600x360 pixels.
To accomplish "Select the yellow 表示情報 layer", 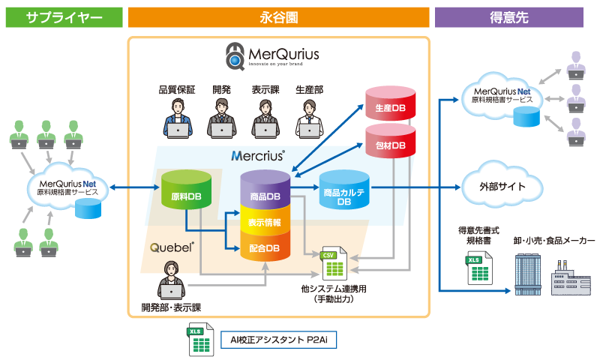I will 265,223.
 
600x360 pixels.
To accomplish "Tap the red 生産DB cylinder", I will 389,107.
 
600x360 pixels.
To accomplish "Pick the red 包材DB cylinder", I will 389,144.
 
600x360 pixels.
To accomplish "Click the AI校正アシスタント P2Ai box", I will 278,340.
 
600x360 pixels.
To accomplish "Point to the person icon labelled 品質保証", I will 177,119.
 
